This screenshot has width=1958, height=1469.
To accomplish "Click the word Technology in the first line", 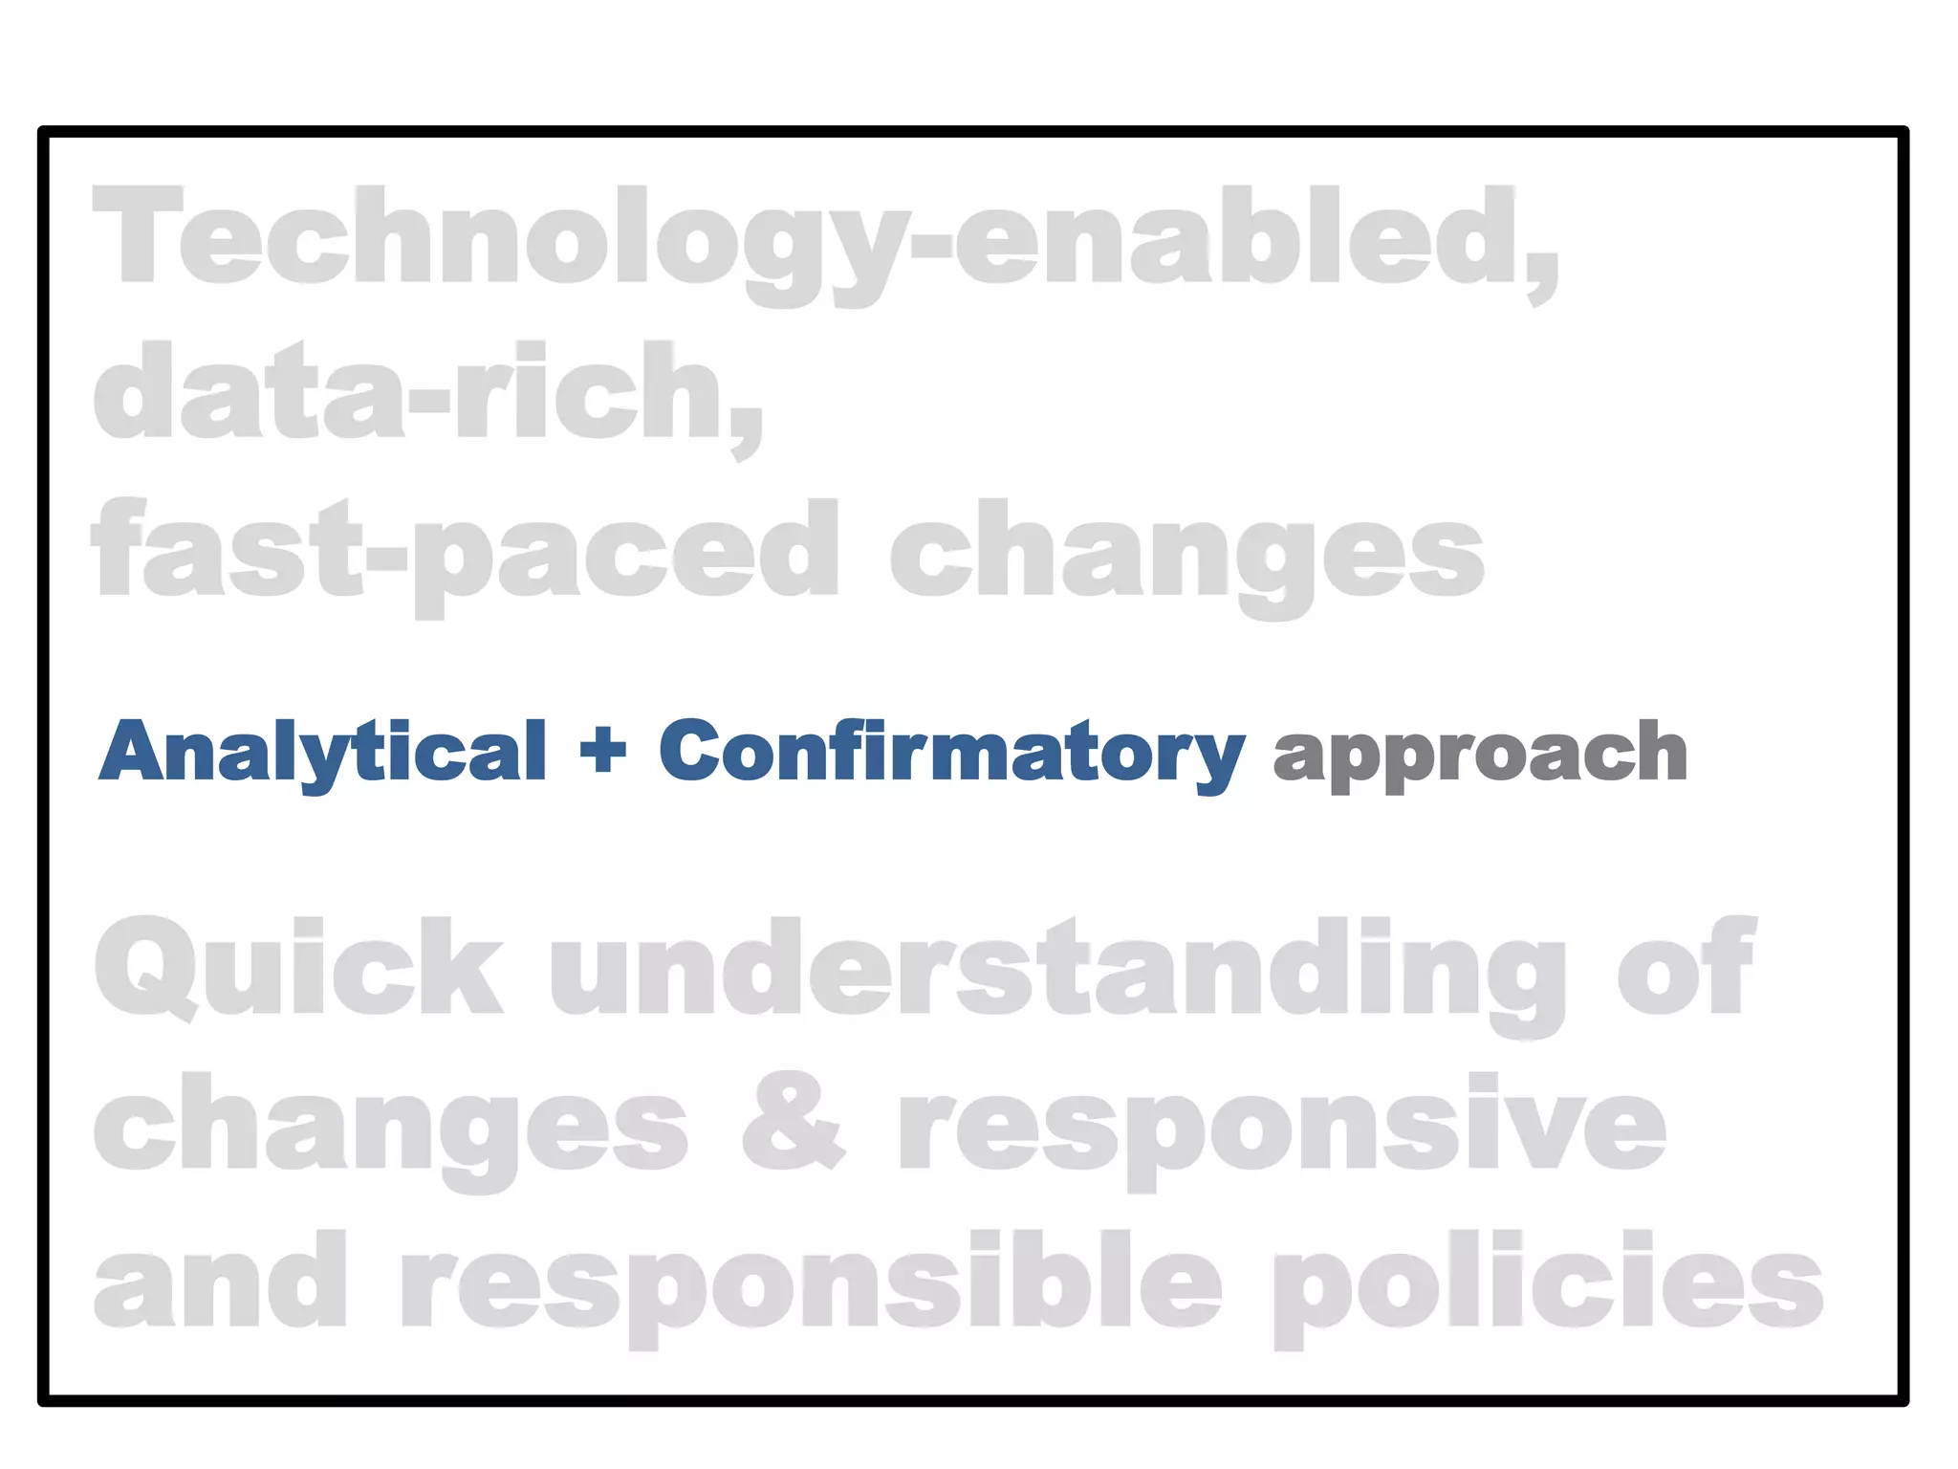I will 497,239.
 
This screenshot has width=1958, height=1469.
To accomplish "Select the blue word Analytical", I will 323,753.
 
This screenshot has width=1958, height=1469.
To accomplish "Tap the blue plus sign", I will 603,751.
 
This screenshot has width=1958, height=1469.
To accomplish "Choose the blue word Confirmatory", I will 951,753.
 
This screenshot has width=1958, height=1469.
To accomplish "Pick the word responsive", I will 1281,1127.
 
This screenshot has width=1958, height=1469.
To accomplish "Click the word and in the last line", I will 220,1282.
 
